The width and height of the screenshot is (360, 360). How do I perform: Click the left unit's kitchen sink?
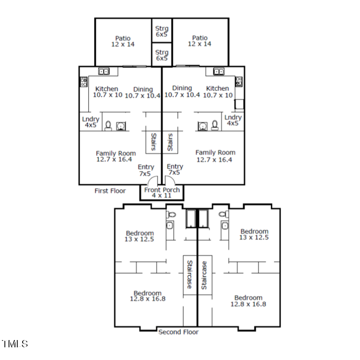tap(104, 71)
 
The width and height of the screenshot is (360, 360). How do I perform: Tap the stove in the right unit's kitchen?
tap(238, 82)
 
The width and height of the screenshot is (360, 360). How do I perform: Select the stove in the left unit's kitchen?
tap(84, 82)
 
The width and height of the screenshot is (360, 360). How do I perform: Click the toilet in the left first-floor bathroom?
tap(109, 126)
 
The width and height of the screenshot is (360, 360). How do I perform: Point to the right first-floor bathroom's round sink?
tap(203, 126)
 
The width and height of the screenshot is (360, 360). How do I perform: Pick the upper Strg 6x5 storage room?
tap(162, 31)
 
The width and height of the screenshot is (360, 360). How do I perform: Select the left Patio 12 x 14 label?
tap(123, 41)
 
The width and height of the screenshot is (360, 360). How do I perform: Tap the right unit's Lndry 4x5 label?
tap(233, 121)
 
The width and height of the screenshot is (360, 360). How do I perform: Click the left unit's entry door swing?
tap(154, 180)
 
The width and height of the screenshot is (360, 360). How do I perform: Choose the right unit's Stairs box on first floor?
tap(171, 142)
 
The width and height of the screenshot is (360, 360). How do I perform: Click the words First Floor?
tap(110, 191)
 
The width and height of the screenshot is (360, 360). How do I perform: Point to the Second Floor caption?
tap(178, 332)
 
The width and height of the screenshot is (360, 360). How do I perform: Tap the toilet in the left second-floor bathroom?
tap(171, 214)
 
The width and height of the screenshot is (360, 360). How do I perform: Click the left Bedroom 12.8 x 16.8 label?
tap(148, 296)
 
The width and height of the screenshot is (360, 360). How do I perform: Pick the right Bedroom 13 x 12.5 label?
tap(254, 234)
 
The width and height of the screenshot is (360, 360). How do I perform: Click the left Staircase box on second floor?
tap(190, 274)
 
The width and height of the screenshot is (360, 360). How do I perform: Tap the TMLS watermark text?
tap(15, 344)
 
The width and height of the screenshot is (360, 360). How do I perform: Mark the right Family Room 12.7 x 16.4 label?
tap(215, 156)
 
